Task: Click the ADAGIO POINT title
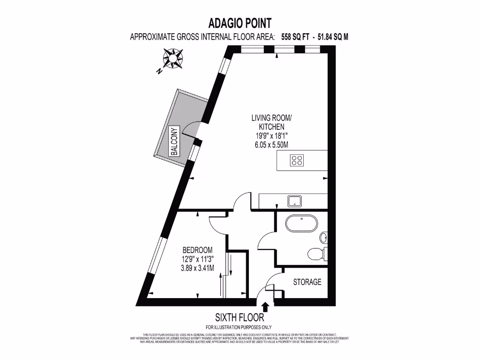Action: (x=239, y=23)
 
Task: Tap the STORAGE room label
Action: (x=307, y=282)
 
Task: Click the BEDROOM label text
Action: (x=197, y=250)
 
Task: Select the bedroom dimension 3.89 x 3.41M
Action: (x=197, y=269)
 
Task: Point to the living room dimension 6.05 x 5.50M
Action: (x=268, y=145)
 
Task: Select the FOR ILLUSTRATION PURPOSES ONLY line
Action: (x=239, y=327)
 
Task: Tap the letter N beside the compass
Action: (x=159, y=72)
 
